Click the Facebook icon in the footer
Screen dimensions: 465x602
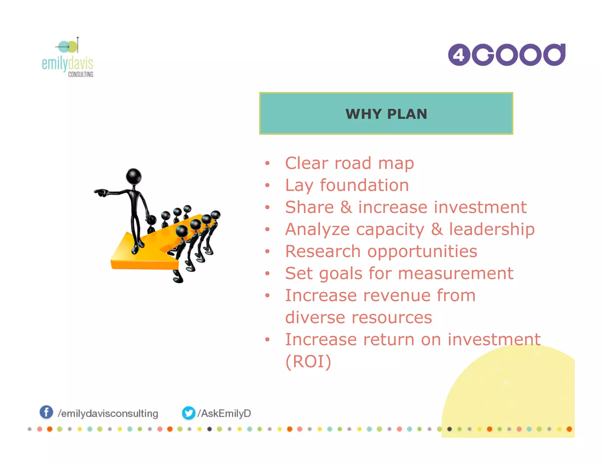(x=46, y=412)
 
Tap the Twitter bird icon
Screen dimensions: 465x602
(x=188, y=413)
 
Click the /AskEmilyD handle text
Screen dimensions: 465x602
(x=225, y=413)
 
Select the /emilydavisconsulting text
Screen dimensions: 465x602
(x=108, y=414)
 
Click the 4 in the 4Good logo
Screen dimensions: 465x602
(x=459, y=55)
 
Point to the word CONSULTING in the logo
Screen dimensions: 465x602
(x=81, y=74)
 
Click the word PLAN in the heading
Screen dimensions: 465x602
(x=407, y=114)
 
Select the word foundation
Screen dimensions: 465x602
(x=364, y=185)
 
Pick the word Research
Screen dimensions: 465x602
(x=323, y=251)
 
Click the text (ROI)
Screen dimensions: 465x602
(x=308, y=362)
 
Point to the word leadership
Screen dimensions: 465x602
(x=492, y=229)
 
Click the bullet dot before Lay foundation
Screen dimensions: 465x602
(x=267, y=185)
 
